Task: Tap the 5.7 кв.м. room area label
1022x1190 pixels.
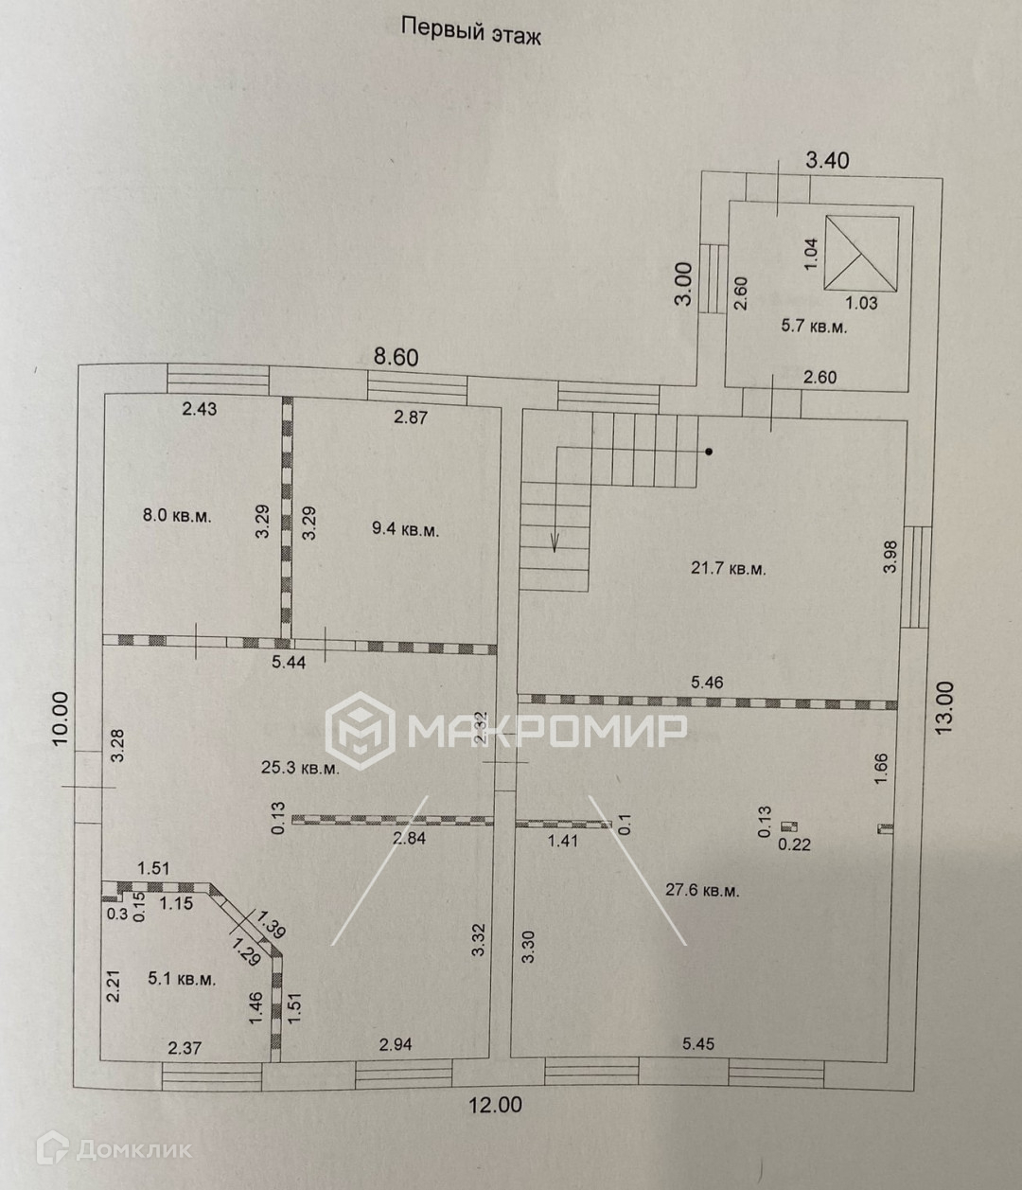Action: [x=814, y=328]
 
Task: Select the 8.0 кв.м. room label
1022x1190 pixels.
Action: [x=175, y=516]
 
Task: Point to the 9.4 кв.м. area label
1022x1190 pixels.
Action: [x=405, y=530]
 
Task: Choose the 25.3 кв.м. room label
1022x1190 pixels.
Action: [x=300, y=768]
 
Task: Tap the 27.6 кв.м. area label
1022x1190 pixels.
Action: [x=701, y=890]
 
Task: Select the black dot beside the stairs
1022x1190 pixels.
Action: [x=708, y=452]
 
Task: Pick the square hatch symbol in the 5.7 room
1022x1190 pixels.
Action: [x=861, y=254]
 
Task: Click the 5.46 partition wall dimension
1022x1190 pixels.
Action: [x=707, y=682]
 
